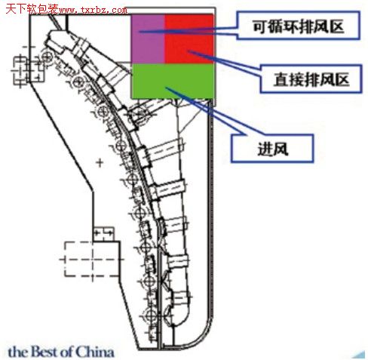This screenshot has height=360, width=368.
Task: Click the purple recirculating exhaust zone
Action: tap(148, 38)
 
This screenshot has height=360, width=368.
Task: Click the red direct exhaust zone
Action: tap(189, 38)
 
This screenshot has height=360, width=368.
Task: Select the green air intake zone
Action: tap(173, 81)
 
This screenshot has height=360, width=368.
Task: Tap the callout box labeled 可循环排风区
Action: tap(298, 26)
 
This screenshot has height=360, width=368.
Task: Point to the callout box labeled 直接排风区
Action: tap(311, 79)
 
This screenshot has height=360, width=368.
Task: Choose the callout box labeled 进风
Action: tap(272, 149)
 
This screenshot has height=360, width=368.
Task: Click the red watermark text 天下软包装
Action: tap(32, 9)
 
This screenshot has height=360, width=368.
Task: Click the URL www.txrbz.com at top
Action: tap(93, 11)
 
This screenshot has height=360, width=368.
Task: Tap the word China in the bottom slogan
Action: tap(95, 352)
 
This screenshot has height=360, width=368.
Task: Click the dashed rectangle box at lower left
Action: tap(91, 259)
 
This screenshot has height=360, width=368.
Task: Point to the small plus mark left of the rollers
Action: tap(100, 163)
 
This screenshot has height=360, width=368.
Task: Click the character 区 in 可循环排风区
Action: tap(336, 26)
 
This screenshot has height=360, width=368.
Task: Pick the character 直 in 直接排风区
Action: tap(281, 79)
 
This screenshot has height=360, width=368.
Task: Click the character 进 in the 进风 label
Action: tap(265, 149)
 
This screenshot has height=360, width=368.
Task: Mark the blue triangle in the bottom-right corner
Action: tap(360, 355)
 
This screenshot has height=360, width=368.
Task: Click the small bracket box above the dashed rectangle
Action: tap(103, 234)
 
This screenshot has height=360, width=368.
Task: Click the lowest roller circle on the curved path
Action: tap(151, 315)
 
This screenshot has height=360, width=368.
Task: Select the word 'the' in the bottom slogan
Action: tap(18, 352)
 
